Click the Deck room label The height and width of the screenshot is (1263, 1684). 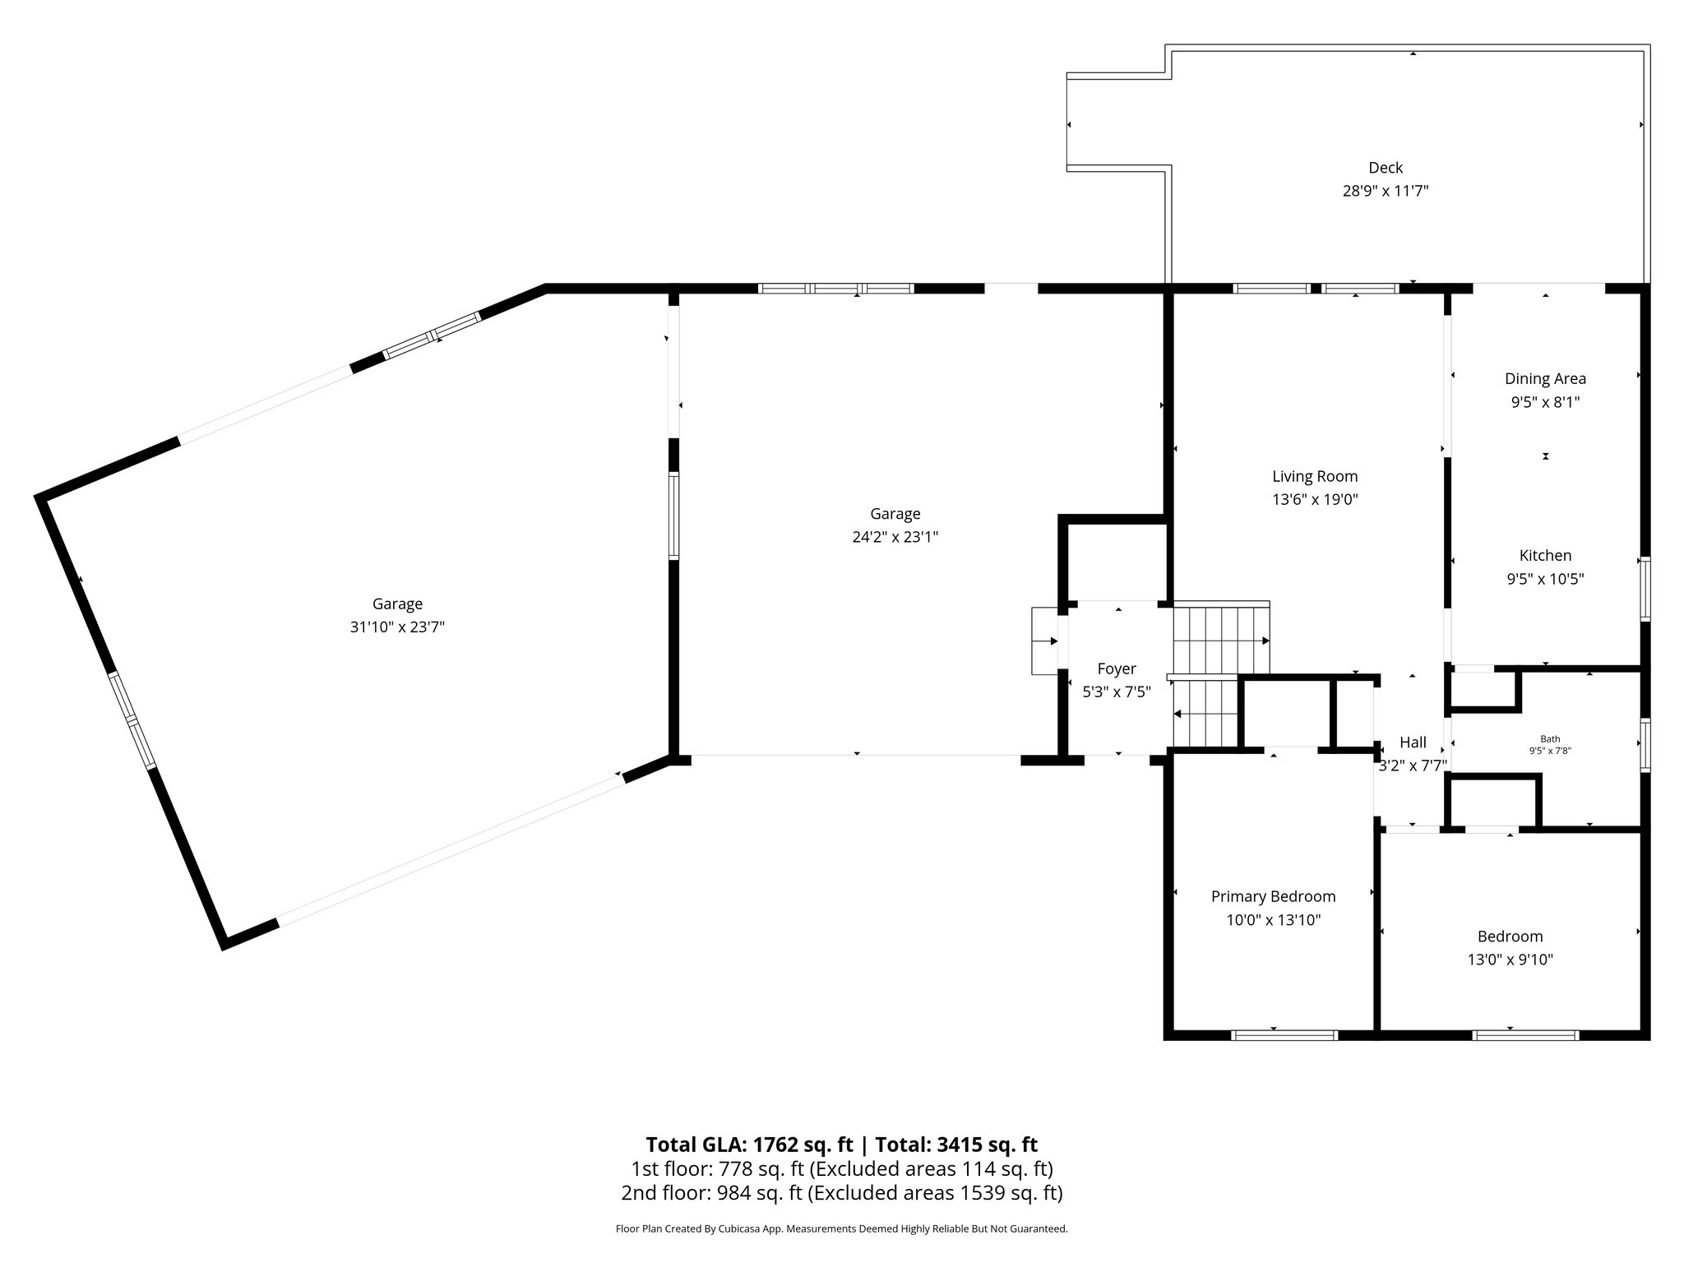1386,168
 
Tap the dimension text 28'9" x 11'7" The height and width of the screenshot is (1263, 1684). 1386,192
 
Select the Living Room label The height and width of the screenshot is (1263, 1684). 1315,476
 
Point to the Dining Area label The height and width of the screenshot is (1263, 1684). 1545,379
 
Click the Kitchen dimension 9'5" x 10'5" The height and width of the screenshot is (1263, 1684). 1545,579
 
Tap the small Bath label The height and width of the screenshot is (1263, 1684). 1550,739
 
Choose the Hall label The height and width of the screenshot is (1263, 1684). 1413,743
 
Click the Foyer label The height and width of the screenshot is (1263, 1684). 1116,669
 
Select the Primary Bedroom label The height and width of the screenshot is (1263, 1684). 1273,896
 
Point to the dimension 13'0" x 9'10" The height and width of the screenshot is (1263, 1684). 1510,960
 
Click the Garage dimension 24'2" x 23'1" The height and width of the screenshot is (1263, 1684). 895,537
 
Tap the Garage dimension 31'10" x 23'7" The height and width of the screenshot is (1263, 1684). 397,627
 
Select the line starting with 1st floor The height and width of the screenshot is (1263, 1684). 841,1168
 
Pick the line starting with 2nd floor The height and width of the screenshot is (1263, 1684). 841,1192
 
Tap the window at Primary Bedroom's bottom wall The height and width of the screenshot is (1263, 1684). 1284,1035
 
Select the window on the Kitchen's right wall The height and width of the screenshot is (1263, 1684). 1645,589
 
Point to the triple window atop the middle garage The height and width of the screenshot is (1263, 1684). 835,289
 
